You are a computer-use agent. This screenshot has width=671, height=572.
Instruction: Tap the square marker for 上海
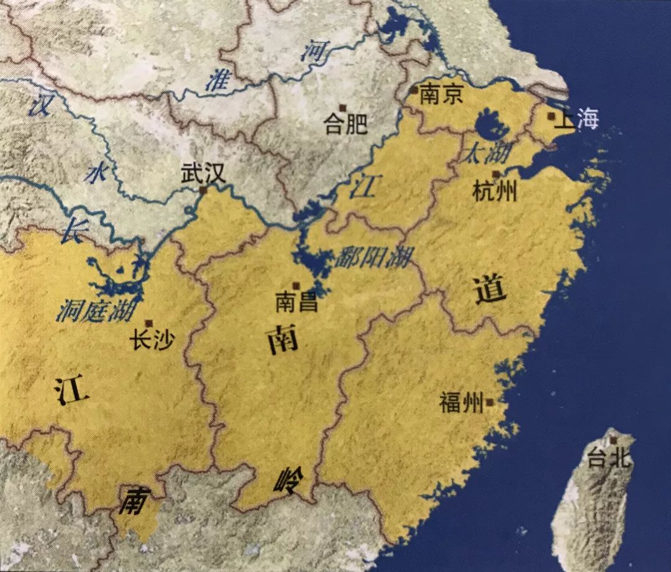click(x=551, y=116)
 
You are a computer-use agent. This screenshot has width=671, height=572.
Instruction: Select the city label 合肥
click(x=346, y=125)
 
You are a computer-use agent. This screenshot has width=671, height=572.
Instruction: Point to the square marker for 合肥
click(x=341, y=108)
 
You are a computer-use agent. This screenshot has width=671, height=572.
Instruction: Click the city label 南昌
click(x=297, y=303)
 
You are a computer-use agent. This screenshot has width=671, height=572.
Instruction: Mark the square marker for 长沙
click(x=148, y=323)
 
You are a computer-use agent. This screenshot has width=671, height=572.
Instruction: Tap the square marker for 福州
click(x=491, y=403)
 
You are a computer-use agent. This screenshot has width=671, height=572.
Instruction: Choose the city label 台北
click(x=609, y=459)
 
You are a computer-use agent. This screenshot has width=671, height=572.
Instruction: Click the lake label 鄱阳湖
click(x=372, y=257)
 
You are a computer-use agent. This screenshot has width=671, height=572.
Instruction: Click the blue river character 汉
click(x=41, y=105)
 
